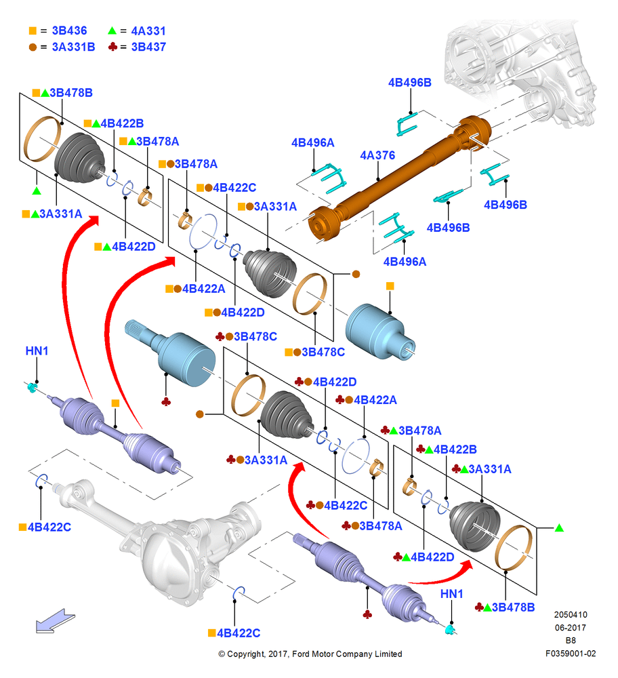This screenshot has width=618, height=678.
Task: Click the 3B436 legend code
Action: click(69, 31)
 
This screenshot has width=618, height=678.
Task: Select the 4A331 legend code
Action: click(148, 31)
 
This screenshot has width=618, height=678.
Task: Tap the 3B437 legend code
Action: click(148, 47)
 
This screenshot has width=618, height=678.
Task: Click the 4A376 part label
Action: click(377, 155)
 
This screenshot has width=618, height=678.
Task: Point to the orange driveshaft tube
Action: click(400, 177)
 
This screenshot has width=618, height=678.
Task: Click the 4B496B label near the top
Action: click(410, 83)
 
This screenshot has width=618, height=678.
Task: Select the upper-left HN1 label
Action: click(37, 351)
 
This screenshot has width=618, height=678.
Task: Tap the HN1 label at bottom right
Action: click(451, 594)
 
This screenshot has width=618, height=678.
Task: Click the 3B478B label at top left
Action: click(71, 93)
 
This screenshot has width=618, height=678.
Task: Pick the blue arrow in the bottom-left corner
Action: click(55, 621)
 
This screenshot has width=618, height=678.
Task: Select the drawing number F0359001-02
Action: click(571, 654)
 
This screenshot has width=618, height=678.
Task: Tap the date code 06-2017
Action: click(571, 627)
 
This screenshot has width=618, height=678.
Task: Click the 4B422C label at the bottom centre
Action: click(239, 633)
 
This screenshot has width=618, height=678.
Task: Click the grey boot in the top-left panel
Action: click(80, 157)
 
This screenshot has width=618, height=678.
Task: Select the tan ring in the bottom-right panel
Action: click(514, 548)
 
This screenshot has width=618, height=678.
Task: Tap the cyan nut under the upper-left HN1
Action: click(32, 387)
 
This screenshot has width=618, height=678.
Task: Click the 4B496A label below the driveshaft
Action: click(405, 262)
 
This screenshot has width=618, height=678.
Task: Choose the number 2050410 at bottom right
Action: click(571, 614)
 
